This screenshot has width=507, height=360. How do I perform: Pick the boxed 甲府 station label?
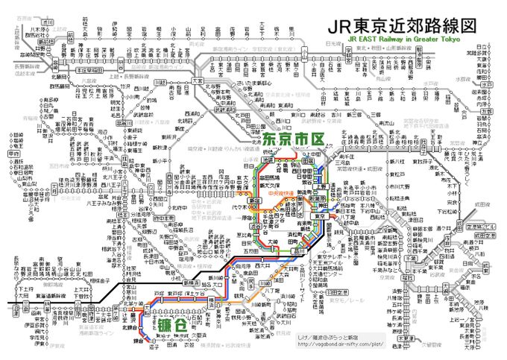[x=12, y=153]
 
